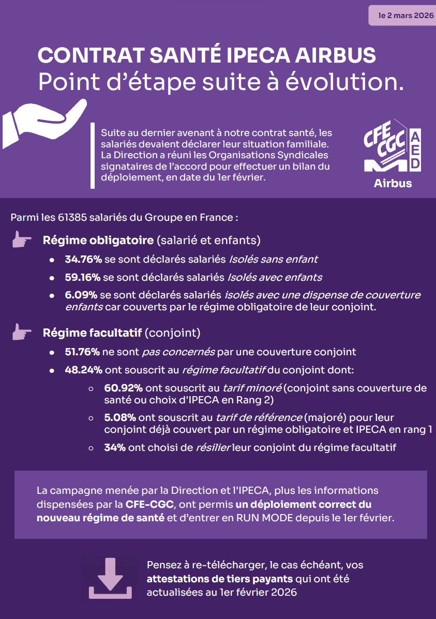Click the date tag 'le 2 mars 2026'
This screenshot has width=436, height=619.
click(x=402, y=16)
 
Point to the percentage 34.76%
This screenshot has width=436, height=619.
click(x=83, y=259)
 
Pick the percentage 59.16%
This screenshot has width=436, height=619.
click(x=83, y=277)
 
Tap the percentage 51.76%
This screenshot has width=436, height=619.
click(x=82, y=352)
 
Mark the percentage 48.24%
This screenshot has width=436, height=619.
click(x=83, y=370)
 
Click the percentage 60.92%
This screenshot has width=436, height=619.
click(x=123, y=388)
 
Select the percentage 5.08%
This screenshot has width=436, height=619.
click(x=121, y=417)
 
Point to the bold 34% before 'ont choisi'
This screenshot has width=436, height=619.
click(x=115, y=447)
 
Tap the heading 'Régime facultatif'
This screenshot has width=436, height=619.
click(x=93, y=332)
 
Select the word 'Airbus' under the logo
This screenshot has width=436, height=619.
click(x=393, y=183)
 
